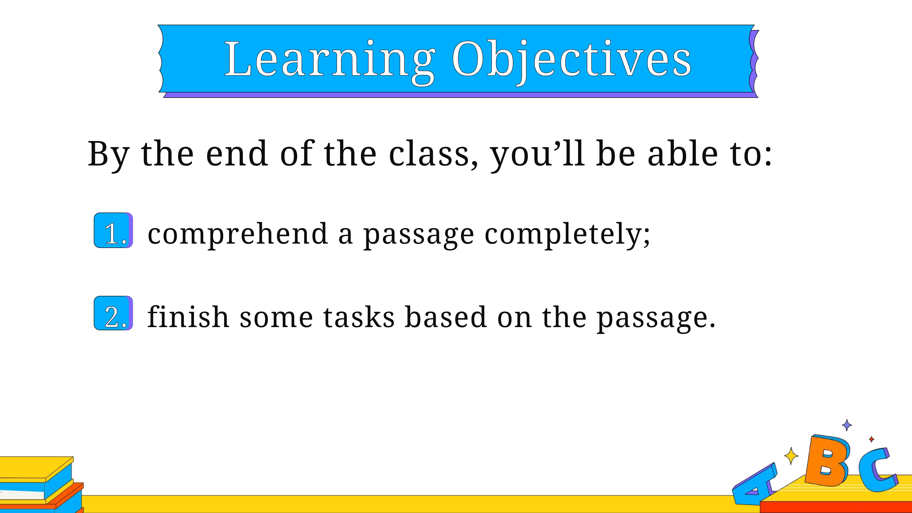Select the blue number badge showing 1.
(x=113, y=230)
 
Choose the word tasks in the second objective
(x=359, y=317)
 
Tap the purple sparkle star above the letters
(x=847, y=425)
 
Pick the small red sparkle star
(x=872, y=439)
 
